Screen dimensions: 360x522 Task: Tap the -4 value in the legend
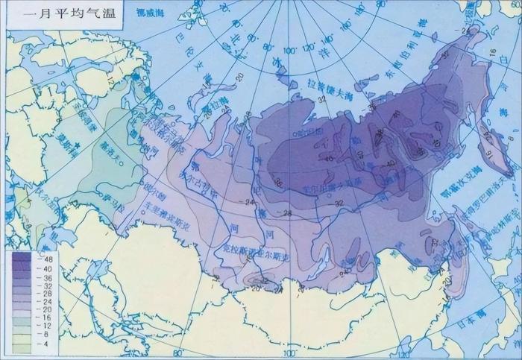click(x=43, y=344)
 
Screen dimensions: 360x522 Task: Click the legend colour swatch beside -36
click(x=22, y=279)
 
